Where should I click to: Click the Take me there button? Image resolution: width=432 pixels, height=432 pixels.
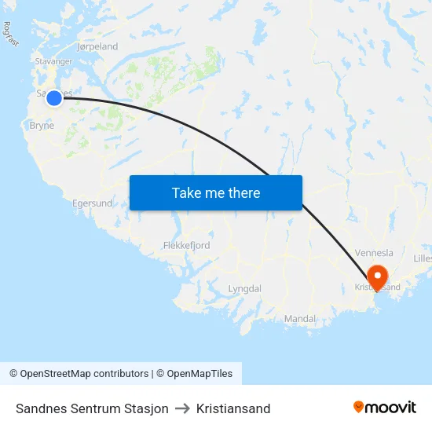tap(216, 192)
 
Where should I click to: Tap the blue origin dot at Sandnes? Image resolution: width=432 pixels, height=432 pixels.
tap(53, 97)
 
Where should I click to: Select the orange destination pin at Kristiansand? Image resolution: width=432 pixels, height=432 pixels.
tap(377, 276)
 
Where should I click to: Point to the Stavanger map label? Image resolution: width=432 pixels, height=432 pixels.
tap(54, 60)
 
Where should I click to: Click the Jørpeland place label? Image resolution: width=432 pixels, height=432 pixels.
tap(97, 47)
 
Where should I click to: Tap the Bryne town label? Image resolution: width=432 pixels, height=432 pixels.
tap(42, 126)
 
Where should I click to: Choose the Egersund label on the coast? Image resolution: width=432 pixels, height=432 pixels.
tap(92, 203)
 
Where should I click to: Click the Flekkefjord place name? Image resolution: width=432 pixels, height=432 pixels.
tap(186, 246)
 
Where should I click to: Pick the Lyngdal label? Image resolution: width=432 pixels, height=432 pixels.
tap(244, 289)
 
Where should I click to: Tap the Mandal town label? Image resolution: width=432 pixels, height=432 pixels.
tap(299, 319)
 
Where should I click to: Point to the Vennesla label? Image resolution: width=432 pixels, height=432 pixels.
tap(374, 253)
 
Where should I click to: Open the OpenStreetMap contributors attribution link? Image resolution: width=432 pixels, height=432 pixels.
tap(79, 374)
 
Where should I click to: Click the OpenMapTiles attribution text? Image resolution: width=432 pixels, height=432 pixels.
tap(194, 374)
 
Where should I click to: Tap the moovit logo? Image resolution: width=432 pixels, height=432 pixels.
tap(385, 407)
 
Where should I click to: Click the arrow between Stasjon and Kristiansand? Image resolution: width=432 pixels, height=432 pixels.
tap(182, 408)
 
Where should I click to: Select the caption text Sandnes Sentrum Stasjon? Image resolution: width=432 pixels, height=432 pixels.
tap(92, 408)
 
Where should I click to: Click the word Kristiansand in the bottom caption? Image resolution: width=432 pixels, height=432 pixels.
tap(233, 408)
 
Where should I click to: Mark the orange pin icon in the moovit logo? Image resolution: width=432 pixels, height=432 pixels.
tap(359, 407)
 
